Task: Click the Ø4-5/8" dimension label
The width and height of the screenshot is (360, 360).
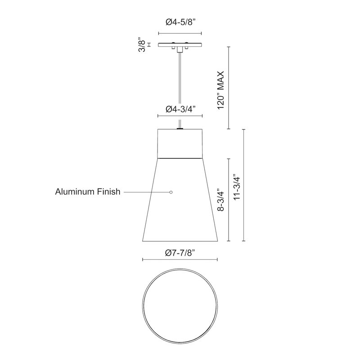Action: click(180, 22)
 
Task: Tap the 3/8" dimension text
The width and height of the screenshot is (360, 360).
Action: click(142, 45)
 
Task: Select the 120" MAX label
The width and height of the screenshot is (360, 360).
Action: click(220, 90)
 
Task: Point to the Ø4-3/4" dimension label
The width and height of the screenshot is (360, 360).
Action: click(180, 109)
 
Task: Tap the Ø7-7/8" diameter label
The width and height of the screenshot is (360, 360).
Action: click(180, 253)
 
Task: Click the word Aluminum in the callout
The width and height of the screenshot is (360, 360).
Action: click(74, 192)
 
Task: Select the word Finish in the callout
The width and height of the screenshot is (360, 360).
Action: click(108, 192)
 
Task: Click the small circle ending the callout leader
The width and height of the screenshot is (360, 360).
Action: click(171, 192)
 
